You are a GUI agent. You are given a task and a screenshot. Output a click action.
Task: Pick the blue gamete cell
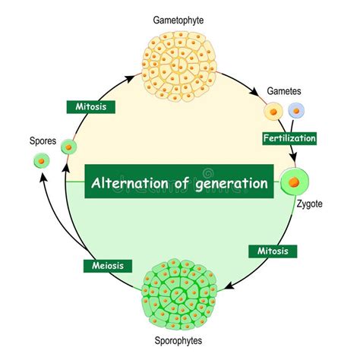tap(296, 111)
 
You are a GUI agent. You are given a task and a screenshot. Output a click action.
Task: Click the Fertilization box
tap(289, 138)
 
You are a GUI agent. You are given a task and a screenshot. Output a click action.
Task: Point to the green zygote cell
tap(295, 182)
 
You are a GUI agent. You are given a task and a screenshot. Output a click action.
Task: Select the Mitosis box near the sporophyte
tap(273, 250)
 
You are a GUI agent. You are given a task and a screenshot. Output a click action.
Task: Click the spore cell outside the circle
tap(40, 161)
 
